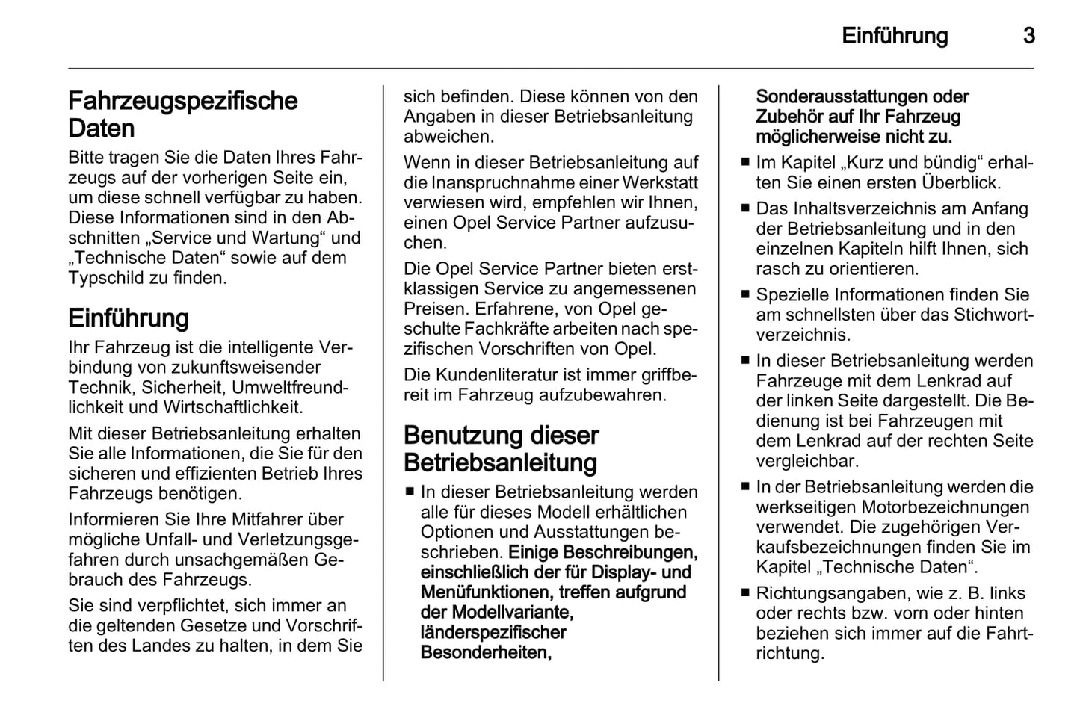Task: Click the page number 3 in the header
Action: click(x=1028, y=36)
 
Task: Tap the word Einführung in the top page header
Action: click(x=895, y=36)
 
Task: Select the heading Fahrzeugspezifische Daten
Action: click(x=182, y=114)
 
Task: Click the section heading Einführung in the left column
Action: click(x=129, y=318)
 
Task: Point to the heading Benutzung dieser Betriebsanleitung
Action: click(x=501, y=449)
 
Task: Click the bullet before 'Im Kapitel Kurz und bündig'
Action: click(x=744, y=162)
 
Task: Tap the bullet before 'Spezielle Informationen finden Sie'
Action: click(x=744, y=294)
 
